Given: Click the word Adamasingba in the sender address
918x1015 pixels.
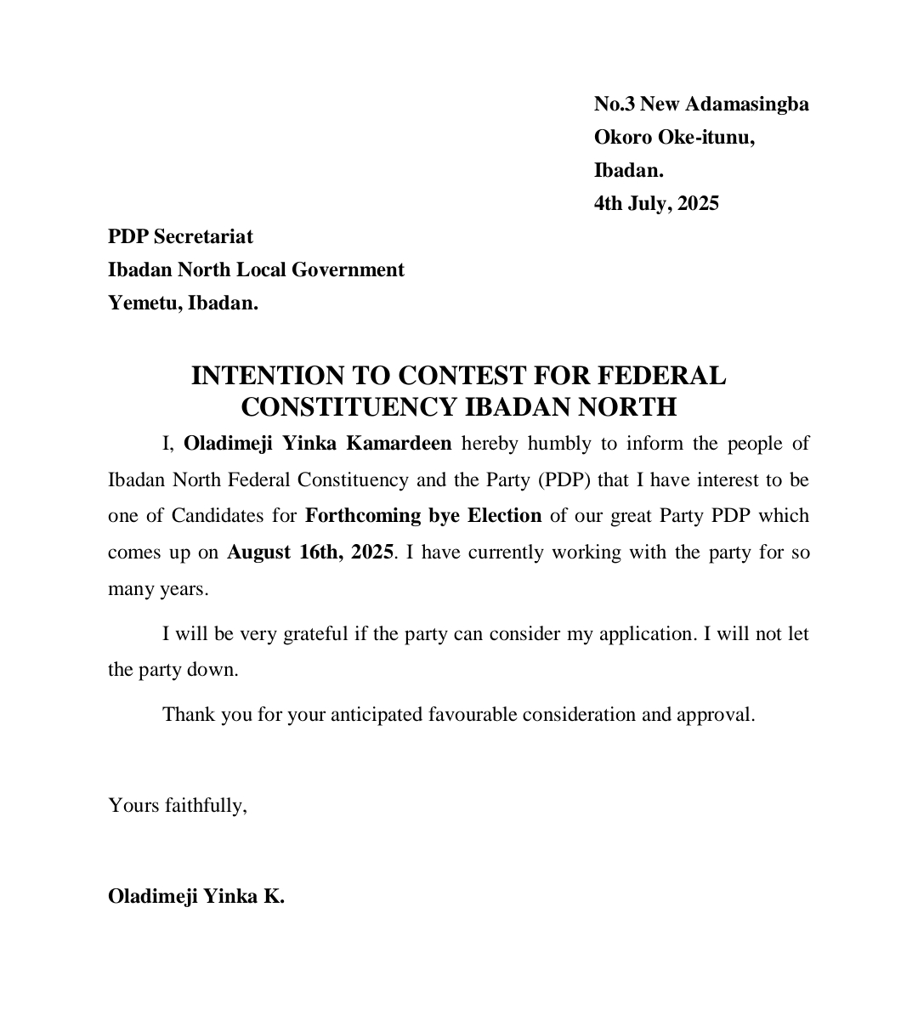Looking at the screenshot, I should pos(746,105).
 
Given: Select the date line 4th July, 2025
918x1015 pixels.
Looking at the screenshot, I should pos(656,204).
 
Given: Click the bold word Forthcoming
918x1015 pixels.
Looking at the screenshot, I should pos(363,516).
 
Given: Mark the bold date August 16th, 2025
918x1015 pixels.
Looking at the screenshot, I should pos(309,553).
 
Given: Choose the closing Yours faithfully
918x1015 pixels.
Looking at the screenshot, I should pos(177,806).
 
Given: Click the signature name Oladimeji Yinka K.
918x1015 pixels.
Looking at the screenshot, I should pos(195,897).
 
